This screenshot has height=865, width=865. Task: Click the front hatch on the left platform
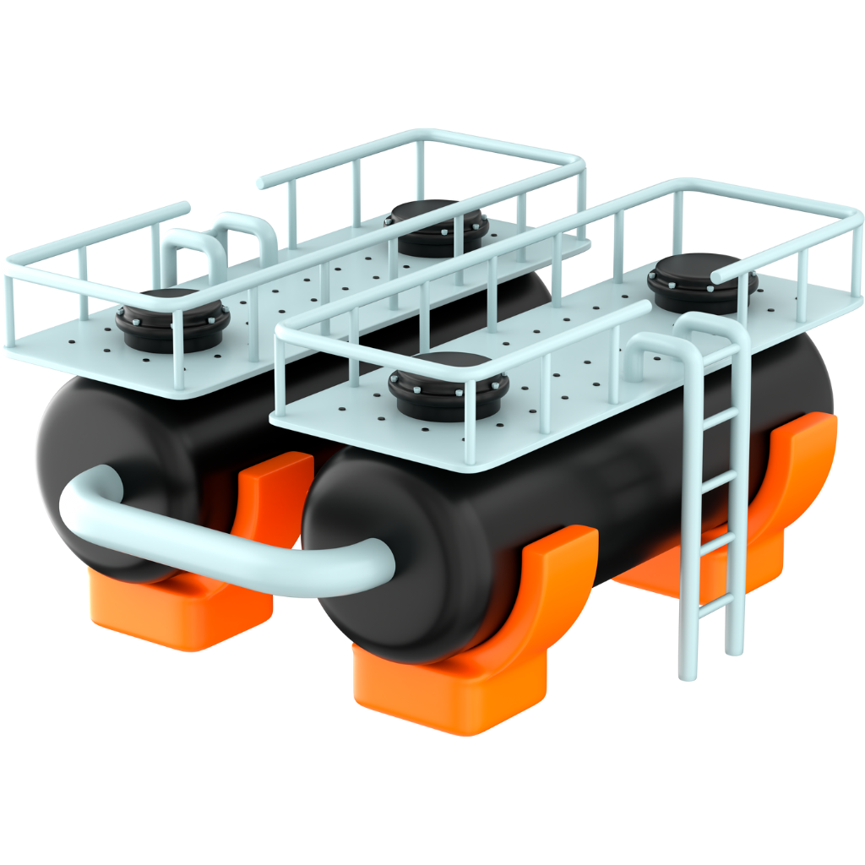(x=172, y=320)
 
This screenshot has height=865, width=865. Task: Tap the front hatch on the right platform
(x=449, y=387)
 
